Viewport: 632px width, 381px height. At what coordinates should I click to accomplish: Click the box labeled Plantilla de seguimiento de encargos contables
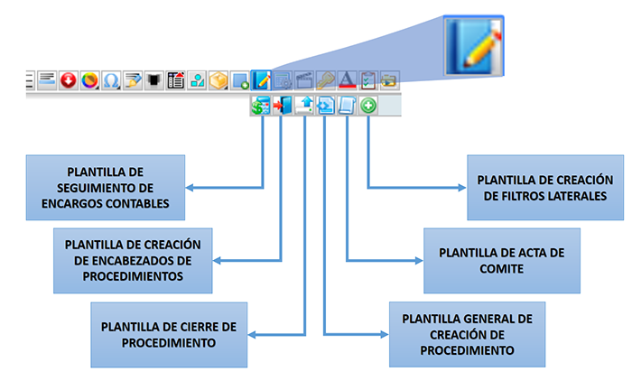105,187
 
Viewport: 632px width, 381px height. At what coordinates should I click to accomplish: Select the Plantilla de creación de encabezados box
132,256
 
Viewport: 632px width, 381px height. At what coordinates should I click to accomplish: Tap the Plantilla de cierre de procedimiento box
170,334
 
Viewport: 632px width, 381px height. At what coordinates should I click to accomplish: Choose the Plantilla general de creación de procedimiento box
467,334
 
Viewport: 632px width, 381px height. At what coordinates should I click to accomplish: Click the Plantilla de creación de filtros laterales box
545,187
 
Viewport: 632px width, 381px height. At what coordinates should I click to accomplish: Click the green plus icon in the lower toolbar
368,107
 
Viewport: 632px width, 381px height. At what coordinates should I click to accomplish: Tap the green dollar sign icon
261,107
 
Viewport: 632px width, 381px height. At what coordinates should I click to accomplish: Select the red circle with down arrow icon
70,80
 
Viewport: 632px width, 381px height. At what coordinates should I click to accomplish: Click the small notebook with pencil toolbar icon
262,80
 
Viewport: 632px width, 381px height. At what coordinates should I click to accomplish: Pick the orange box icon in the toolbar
218,80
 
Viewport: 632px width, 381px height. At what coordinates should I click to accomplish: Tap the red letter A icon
348,80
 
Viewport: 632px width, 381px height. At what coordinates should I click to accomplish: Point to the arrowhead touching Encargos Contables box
190,188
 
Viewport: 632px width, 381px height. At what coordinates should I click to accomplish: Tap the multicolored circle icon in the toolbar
90,80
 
